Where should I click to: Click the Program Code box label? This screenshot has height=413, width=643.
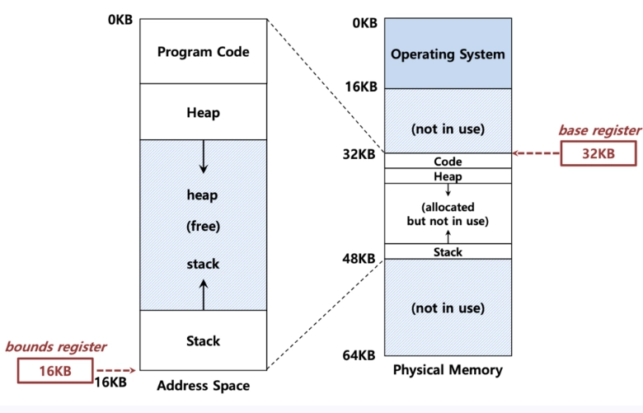point(204,52)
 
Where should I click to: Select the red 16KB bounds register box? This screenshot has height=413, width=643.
point(55,371)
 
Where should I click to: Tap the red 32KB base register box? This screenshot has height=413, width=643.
point(598,153)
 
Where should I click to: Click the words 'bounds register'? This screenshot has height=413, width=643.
point(56,346)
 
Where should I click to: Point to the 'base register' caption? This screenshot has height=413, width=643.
point(599,130)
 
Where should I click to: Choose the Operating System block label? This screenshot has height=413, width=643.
point(448,54)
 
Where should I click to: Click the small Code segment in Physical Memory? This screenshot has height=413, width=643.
point(448,161)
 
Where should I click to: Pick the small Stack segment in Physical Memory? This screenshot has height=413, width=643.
point(448,251)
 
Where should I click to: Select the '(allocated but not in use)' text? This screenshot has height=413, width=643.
point(448,214)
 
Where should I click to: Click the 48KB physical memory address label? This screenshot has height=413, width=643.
point(359,258)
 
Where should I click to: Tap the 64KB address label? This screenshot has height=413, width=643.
point(359,354)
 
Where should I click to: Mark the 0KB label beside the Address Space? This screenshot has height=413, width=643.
point(120,19)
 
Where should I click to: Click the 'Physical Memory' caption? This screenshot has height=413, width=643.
point(448,369)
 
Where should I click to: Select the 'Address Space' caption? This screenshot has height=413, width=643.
point(204,386)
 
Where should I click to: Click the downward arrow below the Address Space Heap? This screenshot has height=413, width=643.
point(204,157)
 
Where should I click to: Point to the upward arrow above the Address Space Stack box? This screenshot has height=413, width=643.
point(204,294)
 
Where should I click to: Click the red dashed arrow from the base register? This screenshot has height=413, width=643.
point(537,153)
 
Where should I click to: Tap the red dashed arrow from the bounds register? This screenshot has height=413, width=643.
point(116,370)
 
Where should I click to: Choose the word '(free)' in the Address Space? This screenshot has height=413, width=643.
point(204,226)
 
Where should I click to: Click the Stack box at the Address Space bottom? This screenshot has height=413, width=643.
point(204,340)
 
